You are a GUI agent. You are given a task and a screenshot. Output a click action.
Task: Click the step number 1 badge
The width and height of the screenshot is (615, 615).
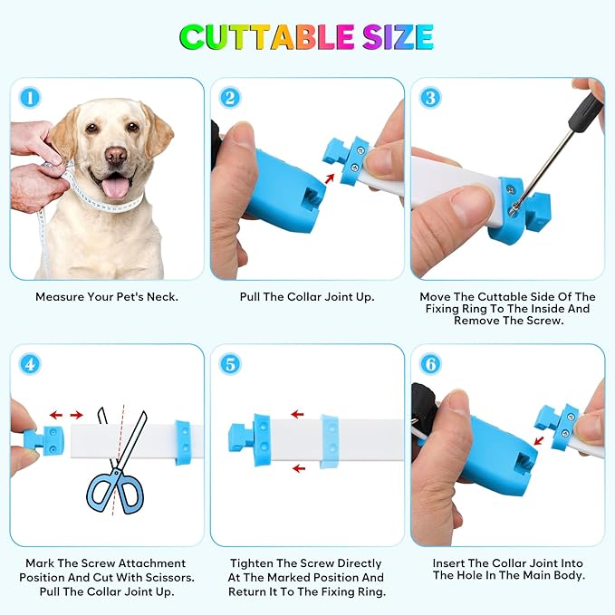tap(30, 98)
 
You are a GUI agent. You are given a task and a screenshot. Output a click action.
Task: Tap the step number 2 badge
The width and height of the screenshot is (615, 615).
tap(230, 98)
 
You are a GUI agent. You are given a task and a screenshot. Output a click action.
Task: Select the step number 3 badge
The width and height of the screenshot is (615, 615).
tap(430, 98)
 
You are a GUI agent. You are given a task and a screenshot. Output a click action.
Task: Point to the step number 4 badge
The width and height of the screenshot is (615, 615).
tap(30, 364)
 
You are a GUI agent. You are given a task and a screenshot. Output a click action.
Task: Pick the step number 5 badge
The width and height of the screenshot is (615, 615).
tap(230, 364)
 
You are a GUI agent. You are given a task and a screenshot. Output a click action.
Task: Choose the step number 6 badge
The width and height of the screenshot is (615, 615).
tap(430, 364)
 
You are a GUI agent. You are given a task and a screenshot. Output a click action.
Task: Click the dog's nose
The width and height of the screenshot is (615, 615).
tap(117, 155)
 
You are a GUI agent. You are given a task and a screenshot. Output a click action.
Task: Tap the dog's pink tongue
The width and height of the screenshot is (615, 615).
tap(115, 187)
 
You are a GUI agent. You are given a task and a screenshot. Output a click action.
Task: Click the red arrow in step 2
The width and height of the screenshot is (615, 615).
tap(330, 178)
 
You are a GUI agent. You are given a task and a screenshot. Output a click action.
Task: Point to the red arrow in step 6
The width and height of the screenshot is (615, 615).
tap(539, 440)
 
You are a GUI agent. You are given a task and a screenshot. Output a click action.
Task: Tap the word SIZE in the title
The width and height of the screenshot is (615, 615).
tap(398, 37)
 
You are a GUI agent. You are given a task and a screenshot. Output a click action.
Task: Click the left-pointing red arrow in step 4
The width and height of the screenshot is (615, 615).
tap(56, 415)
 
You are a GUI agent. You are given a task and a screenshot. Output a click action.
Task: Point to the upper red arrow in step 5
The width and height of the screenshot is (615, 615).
tap(298, 414)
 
